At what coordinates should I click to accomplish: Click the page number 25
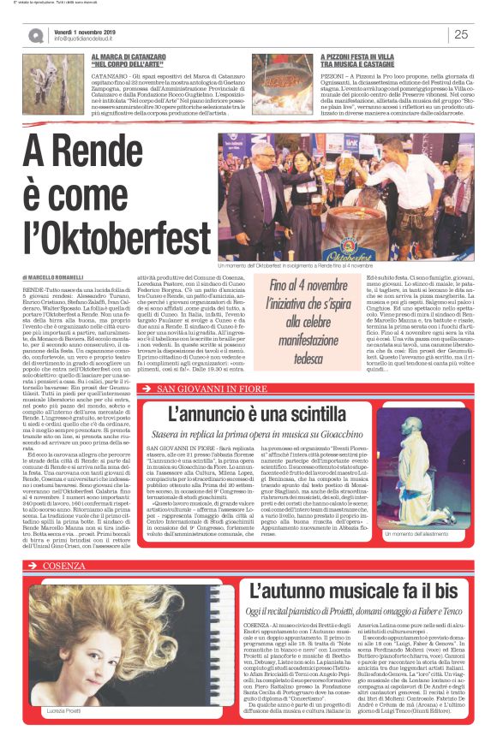[x=461, y=34]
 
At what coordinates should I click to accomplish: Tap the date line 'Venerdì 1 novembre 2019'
[x=89, y=29]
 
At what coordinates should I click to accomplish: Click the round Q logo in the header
[x=36, y=35]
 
